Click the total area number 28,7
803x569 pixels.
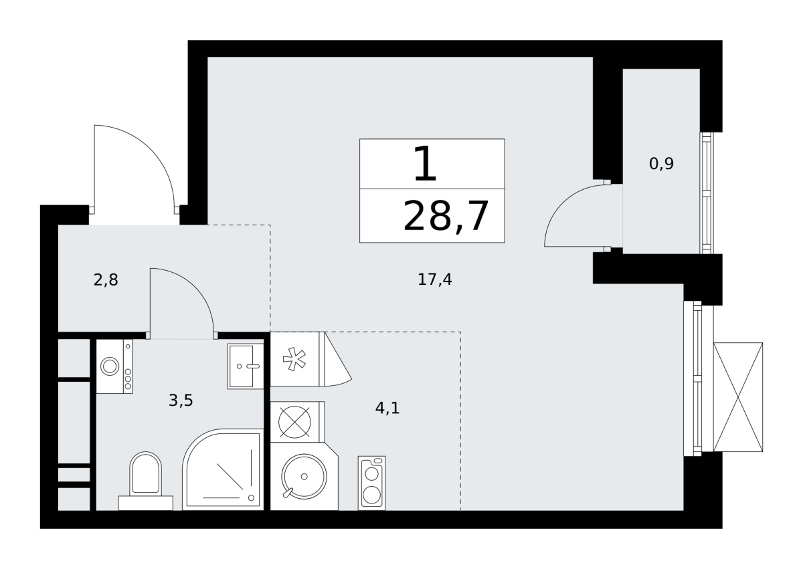point(446,217)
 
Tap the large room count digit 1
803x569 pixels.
point(425,163)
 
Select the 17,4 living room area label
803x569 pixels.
point(435,279)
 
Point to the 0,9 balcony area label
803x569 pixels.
point(661,164)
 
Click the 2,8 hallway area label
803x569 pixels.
point(106,279)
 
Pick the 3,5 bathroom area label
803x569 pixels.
point(181,401)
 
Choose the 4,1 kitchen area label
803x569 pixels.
point(387,408)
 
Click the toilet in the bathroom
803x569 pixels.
point(146,480)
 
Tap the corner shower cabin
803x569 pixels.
point(223,469)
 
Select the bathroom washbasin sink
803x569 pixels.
point(246,366)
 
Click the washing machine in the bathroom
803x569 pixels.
point(114,366)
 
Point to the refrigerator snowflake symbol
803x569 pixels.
point(294,359)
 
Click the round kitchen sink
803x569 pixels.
point(304,476)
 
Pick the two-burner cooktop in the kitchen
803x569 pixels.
point(371,483)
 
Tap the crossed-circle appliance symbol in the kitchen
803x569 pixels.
point(294,422)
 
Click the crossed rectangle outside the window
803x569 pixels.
point(737,397)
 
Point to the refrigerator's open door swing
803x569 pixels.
point(338,360)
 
